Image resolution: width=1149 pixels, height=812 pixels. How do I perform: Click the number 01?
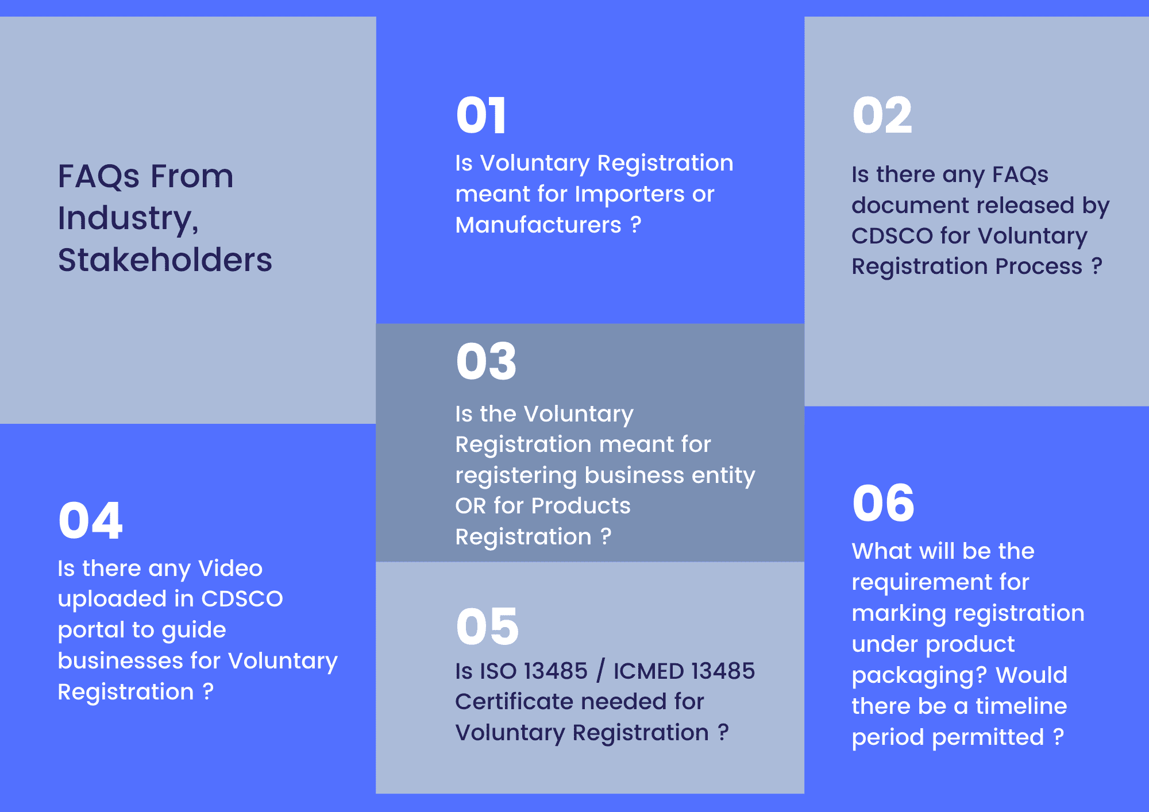(x=481, y=115)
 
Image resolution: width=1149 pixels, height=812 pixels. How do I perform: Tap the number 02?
(x=882, y=115)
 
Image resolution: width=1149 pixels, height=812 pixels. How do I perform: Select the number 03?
(x=487, y=361)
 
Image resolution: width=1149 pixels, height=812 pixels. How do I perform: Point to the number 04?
(x=90, y=520)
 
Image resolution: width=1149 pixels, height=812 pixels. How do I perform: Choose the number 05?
(x=487, y=626)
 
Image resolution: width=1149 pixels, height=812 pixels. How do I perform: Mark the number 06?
(x=884, y=503)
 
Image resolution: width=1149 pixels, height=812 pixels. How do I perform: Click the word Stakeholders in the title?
(x=165, y=260)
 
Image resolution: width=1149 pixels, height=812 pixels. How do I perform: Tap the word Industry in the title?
(x=128, y=218)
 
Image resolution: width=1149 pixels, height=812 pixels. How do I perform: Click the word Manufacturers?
(x=538, y=225)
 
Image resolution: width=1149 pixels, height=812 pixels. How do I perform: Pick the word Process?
(x=1039, y=266)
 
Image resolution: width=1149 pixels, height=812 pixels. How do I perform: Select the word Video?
(x=230, y=569)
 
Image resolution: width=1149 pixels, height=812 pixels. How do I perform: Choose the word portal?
(x=91, y=631)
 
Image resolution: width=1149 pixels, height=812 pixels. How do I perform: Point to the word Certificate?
(x=533, y=702)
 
